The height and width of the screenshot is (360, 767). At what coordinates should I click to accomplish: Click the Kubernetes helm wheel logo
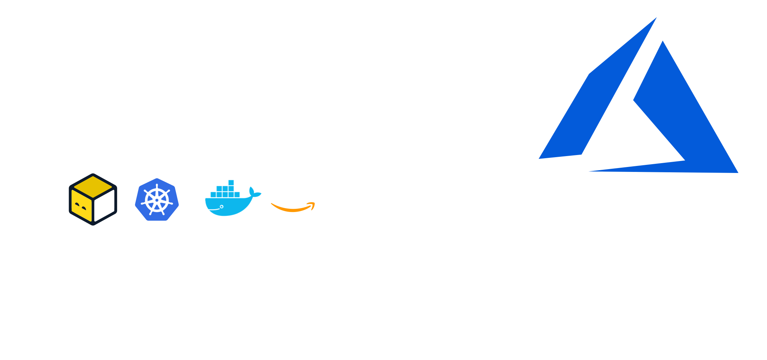point(157,200)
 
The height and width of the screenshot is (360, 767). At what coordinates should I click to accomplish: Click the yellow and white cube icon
point(93,199)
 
